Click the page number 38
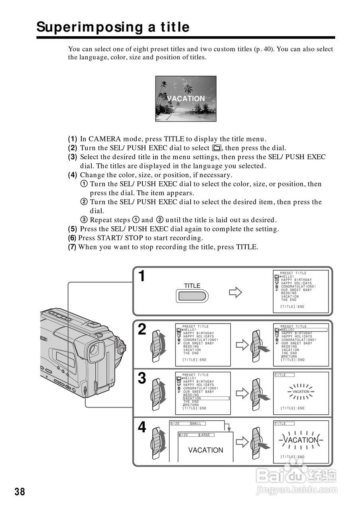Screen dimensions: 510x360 coord(20,492)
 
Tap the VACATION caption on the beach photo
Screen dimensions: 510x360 coord(186,98)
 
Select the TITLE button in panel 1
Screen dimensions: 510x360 coord(192,295)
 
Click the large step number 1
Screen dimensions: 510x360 coord(142,276)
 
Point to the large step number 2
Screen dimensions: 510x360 coord(142,330)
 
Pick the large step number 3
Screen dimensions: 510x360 coord(142,378)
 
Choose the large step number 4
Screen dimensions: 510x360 coord(142,428)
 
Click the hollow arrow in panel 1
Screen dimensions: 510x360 coord(235,293)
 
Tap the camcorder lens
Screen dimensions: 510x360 coord(94,350)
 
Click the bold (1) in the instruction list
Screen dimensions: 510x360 coord(73,139)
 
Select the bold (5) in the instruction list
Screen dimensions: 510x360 coord(73,229)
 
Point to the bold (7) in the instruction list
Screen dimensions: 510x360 coord(72,247)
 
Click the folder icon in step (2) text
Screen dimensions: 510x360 coord(216,148)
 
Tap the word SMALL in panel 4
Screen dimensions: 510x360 coord(196,424)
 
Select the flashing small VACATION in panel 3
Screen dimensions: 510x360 coord(301,392)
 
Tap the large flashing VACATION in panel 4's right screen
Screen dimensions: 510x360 coord(301,440)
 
